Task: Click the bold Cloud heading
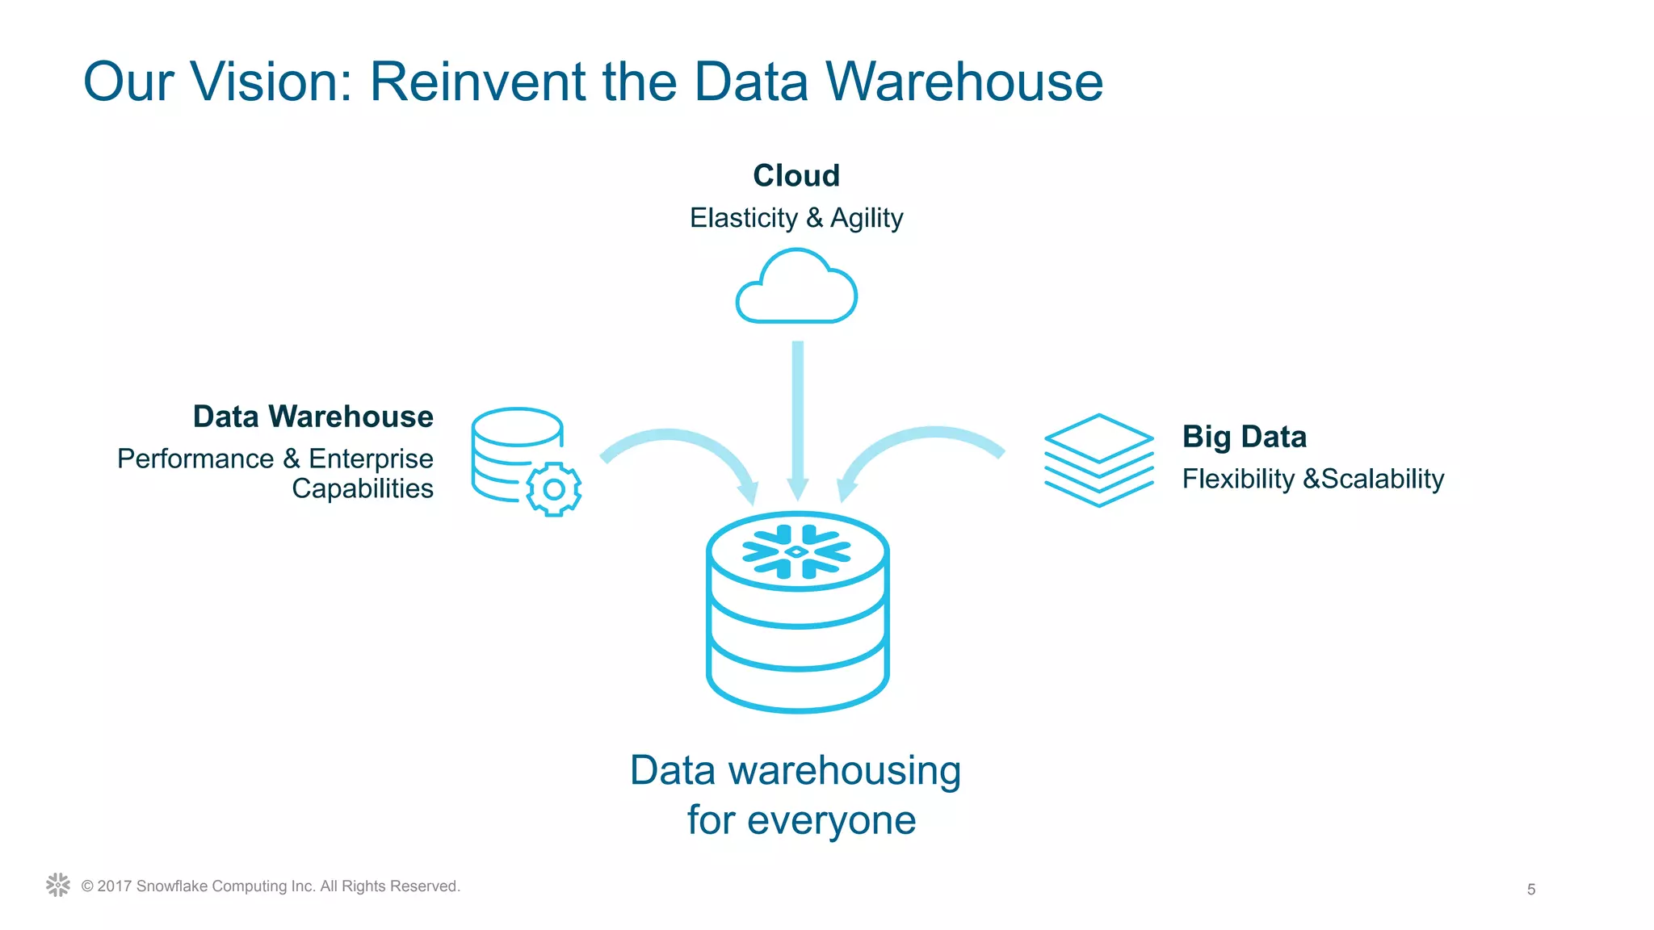(796, 175)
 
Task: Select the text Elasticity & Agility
(796, 218)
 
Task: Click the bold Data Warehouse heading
(313, 417)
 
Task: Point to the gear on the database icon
(554, 489)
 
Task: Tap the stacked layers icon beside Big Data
(1098, 460)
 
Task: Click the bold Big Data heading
(1244, 437)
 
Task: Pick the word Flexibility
(1238, 479)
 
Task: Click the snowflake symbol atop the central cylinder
(796, 552)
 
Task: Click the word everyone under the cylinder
(831, 820)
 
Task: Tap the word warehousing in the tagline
(845, 770)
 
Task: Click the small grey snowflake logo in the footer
(58, 885)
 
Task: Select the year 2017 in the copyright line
(115, 886)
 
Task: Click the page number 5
(1530, 890)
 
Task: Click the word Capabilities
(363, 488)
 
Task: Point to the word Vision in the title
(271, 82)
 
